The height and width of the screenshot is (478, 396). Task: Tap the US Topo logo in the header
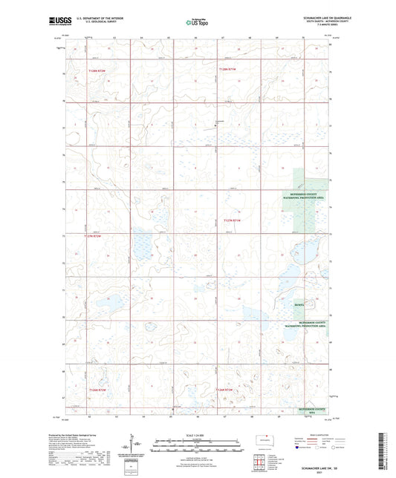pos(197,23)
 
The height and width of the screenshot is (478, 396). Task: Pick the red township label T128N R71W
pos(227,69)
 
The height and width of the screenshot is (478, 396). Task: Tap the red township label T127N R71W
pos(233,220)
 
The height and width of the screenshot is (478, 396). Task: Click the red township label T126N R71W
pos(227,390)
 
